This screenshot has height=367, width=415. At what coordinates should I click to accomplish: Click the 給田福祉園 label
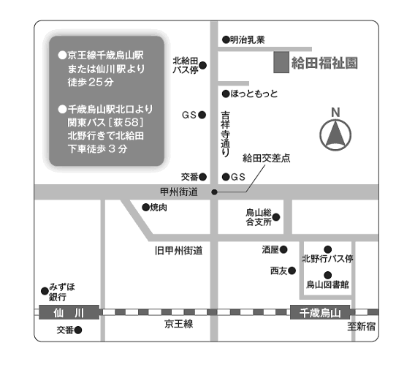click(x=324, y=63)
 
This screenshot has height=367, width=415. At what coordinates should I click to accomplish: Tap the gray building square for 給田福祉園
click(x=281, y=62)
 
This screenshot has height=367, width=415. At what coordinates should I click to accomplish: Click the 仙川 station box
click(x=69, y=312)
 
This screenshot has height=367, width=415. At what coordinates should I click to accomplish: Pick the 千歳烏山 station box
click(x=320, y=312)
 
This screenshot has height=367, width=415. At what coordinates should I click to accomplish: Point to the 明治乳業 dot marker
click(x=226, y=39)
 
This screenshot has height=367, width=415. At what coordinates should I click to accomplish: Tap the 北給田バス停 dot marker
click(x=202, y=65)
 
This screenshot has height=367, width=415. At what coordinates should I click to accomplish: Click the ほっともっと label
click(x=254, y=94)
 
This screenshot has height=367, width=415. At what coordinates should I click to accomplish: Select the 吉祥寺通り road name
click(x=225, y=134)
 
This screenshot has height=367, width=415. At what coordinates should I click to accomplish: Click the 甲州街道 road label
click(x=179, y=192)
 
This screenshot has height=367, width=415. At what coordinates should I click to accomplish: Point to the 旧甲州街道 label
click(x=179, y=251)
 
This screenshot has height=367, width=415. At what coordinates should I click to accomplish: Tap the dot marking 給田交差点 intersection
click(x=214, y=192)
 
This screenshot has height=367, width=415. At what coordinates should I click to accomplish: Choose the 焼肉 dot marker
click(x=146, y=208)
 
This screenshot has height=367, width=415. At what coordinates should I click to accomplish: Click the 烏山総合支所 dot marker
click(x=276, y=217)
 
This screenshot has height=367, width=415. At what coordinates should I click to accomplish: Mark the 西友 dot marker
click(x=292, y=270)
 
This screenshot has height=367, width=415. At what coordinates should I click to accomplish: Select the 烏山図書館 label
click(x=327, y=284)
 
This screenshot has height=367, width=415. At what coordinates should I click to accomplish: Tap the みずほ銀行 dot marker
click(x=45, y=291)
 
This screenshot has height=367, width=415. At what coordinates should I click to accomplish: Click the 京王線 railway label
click(x=179, y=324)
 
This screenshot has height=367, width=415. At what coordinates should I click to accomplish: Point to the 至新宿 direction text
click(x=361, y=327)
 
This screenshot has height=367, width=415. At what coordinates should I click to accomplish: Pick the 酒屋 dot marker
click(x=283, y=249)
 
